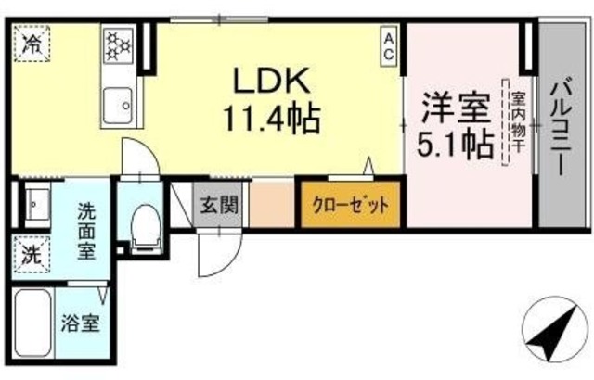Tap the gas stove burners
(x=119, y=44)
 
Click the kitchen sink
(x=120, y=104)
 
